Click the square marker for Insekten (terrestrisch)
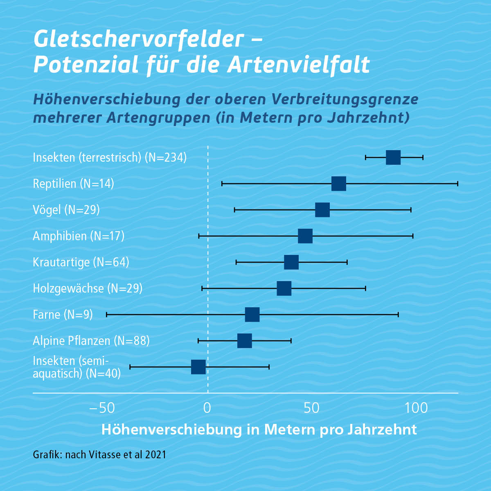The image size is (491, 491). pos(393,158)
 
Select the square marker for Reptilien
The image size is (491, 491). pos(339,184)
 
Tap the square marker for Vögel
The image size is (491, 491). pos(322,210)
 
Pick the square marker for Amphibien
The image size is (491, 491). pos(305,236)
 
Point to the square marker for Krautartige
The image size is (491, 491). pos(291,262)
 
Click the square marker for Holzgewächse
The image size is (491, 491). pos(284,288)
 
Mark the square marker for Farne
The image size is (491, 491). pos(252,315)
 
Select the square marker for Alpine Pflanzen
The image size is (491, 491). pos(245,341)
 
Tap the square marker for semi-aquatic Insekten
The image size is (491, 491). pos(198,367)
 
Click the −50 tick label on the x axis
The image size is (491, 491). pos(102,408)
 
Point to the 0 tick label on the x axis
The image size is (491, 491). pos(207,408)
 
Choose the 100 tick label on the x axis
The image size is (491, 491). pos(417,408)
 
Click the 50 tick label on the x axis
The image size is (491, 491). pos(312,408)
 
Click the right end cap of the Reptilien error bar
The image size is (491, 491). pos(457,184)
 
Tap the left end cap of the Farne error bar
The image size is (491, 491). pos(106,315)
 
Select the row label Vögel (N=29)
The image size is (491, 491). pos(66,210)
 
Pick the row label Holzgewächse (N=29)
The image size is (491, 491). pos(88,288)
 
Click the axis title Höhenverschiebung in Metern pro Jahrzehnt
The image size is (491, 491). pos(259,430)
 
